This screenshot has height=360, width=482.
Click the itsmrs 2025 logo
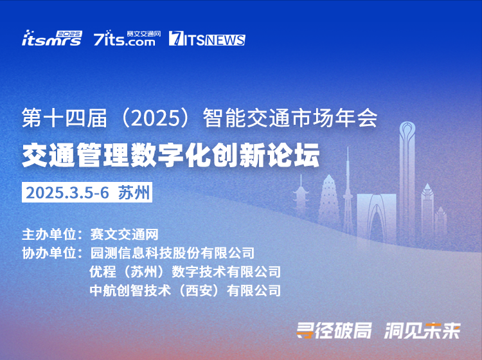[x=52, y=38]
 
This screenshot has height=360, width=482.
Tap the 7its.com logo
[x=127, y=38]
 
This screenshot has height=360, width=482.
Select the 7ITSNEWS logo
[x=207, y=39]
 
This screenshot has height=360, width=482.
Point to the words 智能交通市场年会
[x=290, y=118]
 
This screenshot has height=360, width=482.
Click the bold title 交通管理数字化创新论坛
[x=171, y=155]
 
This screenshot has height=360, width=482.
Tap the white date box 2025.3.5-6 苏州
[x=87, y=192]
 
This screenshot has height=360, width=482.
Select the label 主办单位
[x=49, y=235]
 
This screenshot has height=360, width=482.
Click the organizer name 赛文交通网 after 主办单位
[x=124, y=235]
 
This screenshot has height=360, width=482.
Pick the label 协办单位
[x=49, y=253]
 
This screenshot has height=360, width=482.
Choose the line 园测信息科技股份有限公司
[x=172, y=253]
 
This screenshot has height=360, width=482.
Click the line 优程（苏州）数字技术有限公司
[x=185, y=272]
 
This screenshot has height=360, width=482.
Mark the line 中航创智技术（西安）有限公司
[x=185, y=291]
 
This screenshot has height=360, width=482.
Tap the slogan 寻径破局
[x=334, y=330]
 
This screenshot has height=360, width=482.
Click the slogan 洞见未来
[x=422, y=330]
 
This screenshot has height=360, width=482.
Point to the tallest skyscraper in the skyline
[x=407, y=181]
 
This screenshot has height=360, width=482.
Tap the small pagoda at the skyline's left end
[x=301, y=197]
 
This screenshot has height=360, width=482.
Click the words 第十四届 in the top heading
[x=64, y=118]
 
